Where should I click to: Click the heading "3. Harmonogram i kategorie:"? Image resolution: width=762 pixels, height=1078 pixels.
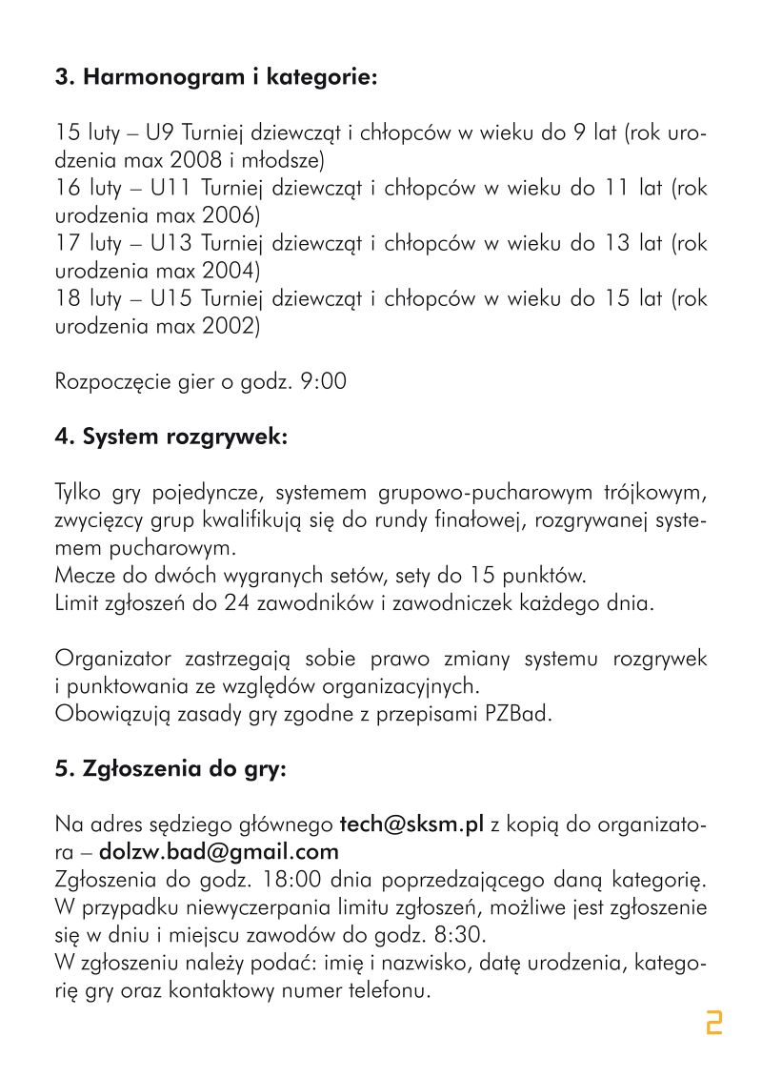216,77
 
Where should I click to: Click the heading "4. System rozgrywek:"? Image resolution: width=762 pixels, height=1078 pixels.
170,437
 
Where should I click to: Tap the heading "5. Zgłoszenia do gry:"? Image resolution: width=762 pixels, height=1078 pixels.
170,770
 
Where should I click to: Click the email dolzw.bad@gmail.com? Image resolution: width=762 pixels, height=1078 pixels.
219,850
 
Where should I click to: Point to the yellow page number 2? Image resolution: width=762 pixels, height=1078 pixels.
713,1023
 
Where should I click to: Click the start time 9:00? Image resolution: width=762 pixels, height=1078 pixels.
323,382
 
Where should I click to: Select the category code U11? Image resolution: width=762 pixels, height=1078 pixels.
170,188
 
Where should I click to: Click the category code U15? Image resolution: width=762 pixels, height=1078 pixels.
170,299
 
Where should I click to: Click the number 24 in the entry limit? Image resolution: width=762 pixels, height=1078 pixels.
237,603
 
